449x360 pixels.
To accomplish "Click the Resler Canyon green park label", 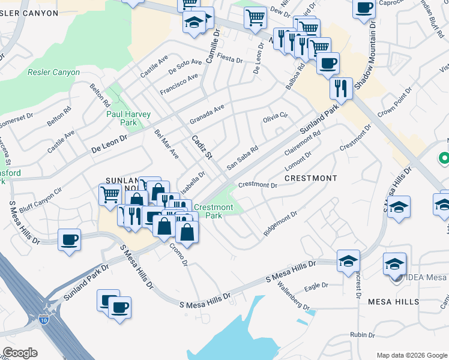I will pos(53,73).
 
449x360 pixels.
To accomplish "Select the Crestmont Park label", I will pos(213,211).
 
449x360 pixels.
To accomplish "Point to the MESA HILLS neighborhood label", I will pos(393,301).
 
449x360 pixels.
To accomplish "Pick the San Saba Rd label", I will pos(242,157).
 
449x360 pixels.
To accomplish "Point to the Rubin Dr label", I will pos(363,335).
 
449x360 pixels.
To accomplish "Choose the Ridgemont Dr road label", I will pos(280,223).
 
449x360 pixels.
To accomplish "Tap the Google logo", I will pos(20,353).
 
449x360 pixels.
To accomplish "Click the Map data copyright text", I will pos(411,355).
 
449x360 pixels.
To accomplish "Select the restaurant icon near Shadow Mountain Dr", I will pos(341,88).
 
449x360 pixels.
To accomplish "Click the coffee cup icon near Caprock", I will pos(364,8).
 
